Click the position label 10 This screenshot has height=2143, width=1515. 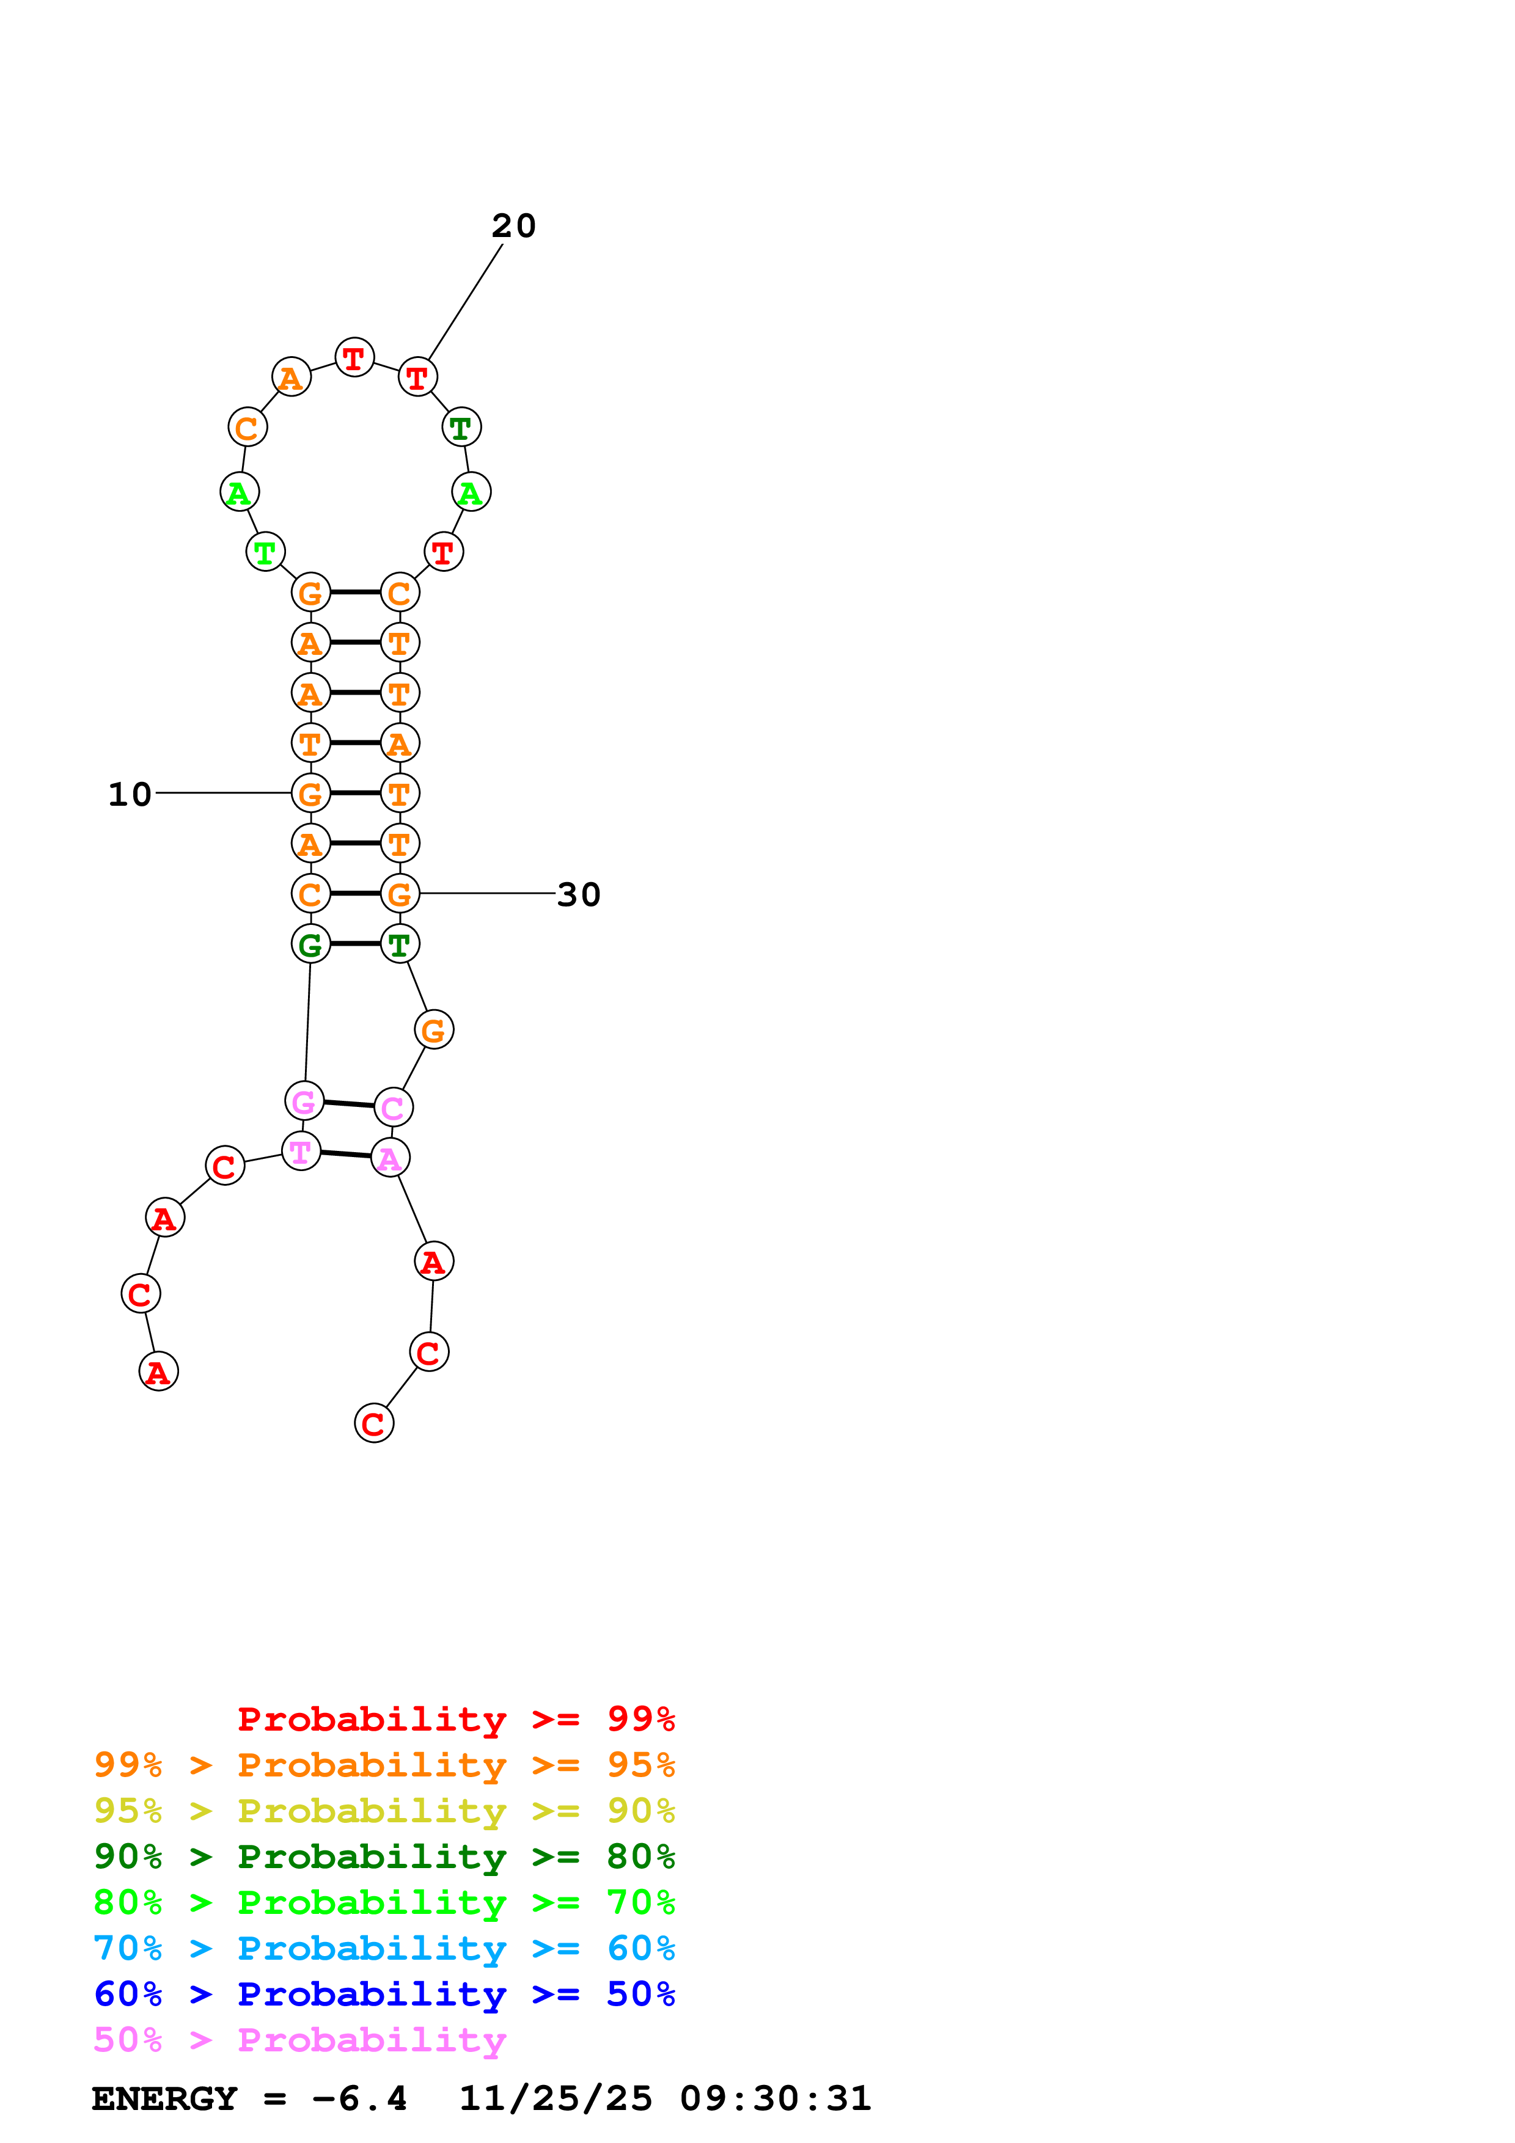[x=130, y=794]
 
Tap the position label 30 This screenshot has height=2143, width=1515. [x=579, y=894]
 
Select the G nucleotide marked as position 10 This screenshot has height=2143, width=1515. [x=311, y=794]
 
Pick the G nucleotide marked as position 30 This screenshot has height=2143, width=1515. [x=400, y=894]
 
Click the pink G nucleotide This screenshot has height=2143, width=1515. [x=304, y=1101]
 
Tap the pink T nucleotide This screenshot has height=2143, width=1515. [x=301, y=1152]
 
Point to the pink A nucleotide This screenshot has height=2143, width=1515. [x=390, y=1158]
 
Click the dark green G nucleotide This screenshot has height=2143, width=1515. [x=311, y=944]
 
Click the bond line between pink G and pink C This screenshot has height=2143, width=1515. [x=349, y=1104]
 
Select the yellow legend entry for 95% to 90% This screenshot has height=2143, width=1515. [x=384, y=1811]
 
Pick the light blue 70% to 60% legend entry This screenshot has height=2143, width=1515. [x=384, y=1948]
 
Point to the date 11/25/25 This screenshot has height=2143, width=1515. [x=556, y=2098]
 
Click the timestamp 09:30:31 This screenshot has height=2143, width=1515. [x=775, y=2098]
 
